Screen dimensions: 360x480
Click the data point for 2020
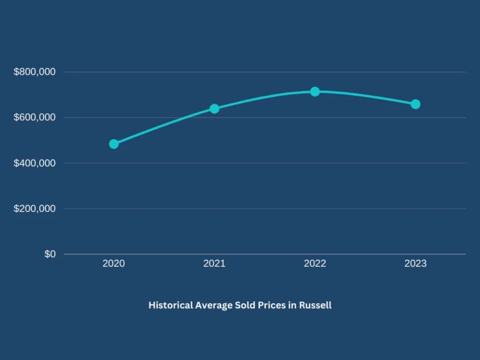click(x=114, y=144)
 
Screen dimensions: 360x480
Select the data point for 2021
click(x=214, y=109)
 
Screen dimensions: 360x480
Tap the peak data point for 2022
click(x=315, y=92)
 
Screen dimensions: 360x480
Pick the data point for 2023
click(x=416, y=104)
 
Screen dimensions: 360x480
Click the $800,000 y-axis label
click(x=34, y=72)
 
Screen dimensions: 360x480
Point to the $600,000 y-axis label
click(x=34, y=117)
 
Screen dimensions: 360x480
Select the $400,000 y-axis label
click(x=34, y=163)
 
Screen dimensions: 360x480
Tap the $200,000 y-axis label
click(x=34, y=209)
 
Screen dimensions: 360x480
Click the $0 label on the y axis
click(x=50, y=254)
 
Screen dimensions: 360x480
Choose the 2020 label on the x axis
click(x=114, y=264)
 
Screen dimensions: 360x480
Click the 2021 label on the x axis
click(x=214, y=264)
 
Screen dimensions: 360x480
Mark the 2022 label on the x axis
click(x=315, y=264)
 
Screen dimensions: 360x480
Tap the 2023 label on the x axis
click(x=416, y=264)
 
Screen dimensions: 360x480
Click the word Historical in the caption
click(x=170, y=306)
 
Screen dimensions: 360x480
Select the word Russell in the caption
click(x=315, y=306)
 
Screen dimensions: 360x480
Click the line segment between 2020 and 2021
click(x=164, y=124)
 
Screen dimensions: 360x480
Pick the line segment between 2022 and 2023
click(x=366, y=96)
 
